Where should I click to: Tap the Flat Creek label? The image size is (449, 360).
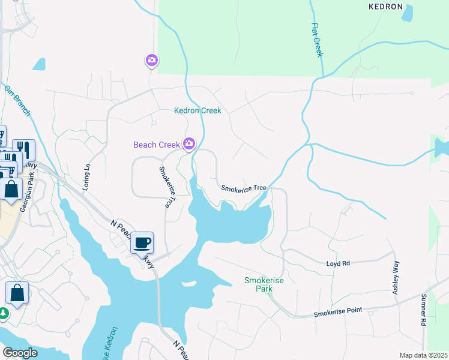pos(317,40)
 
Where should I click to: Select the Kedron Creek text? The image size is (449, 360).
pos(197,110)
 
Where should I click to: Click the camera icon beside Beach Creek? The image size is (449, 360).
pos(189,143)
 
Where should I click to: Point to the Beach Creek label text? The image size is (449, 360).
pos(156,145)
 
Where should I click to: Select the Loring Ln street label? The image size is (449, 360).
pos(88,173)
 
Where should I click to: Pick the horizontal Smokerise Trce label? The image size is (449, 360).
pos(244,188)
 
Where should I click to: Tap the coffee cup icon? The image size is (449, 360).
pos(142,243)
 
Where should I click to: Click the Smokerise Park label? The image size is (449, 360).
pos(264,284)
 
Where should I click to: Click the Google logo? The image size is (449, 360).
pos(20,353)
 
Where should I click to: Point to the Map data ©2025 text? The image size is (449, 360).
pos(423,355)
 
